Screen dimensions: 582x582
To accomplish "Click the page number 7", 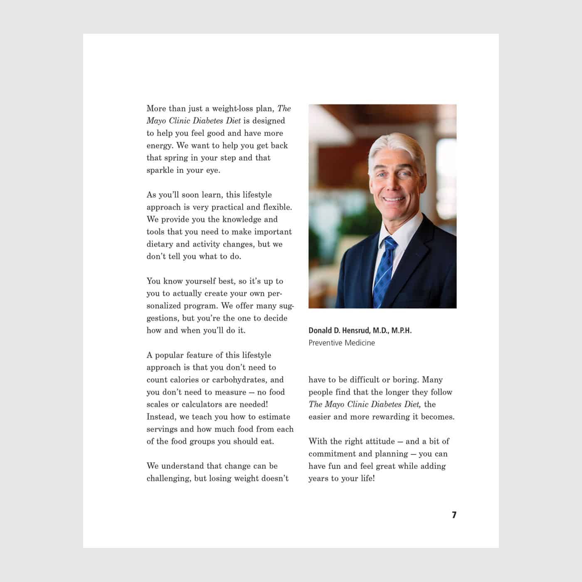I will tap(454, 515).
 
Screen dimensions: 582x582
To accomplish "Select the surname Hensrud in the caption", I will tap(355, 330).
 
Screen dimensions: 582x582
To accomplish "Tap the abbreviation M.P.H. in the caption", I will tap(401, 330).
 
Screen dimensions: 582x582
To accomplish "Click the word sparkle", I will tap(160, 170).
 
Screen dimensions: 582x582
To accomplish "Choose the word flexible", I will tap(277, 207).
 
